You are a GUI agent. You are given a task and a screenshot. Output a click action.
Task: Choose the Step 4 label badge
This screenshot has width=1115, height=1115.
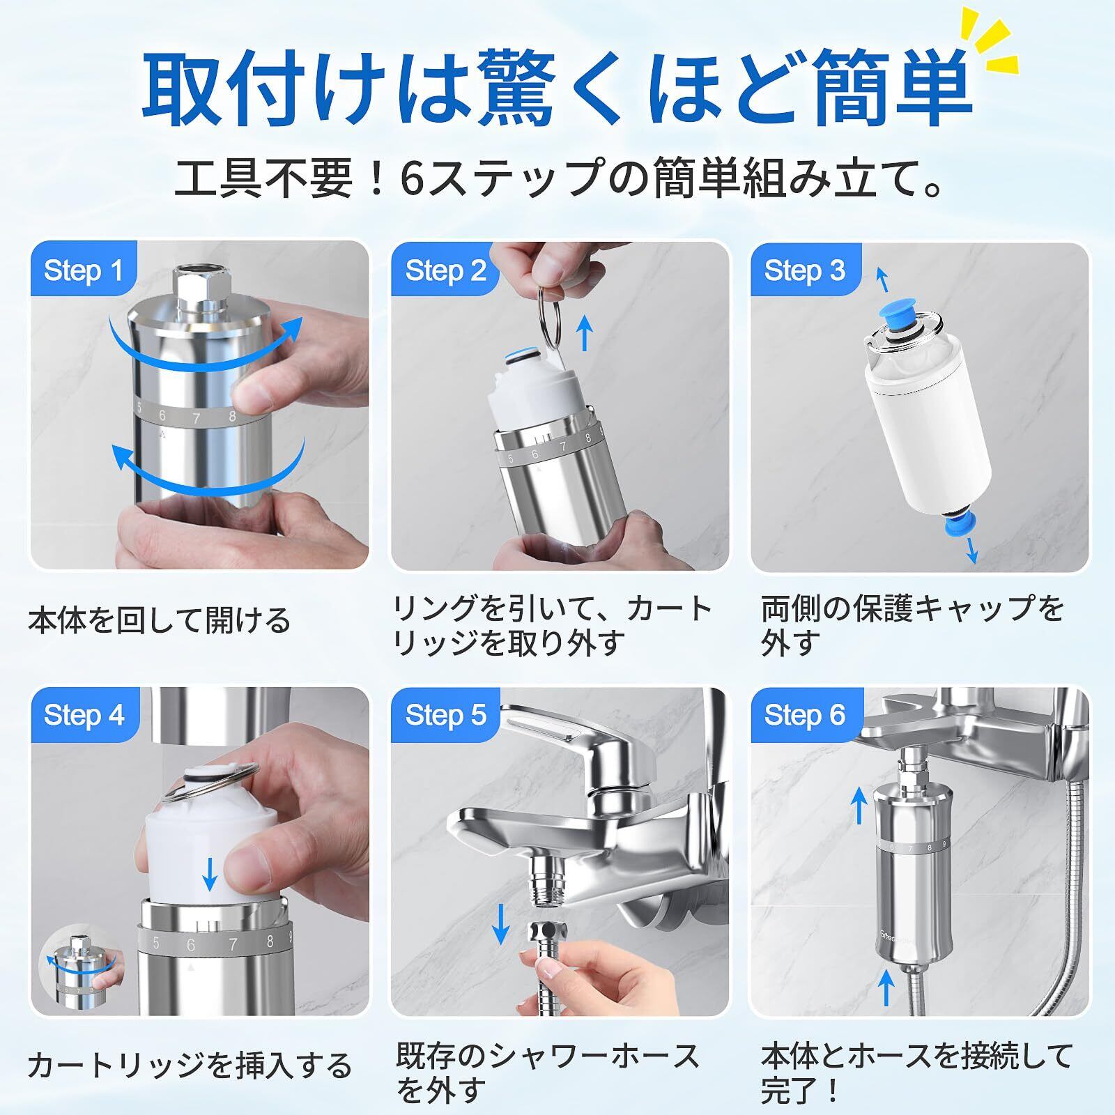84,715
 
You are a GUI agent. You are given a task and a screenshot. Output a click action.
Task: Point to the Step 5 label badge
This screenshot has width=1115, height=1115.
445,715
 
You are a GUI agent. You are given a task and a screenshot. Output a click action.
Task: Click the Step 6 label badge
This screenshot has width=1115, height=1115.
805,715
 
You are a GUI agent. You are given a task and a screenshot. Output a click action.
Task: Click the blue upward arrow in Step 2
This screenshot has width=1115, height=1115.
585,332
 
